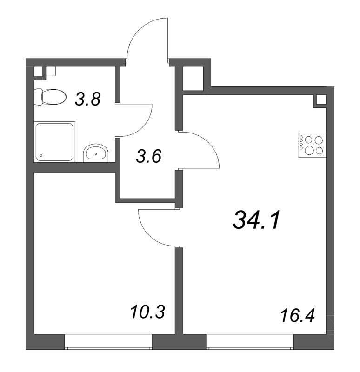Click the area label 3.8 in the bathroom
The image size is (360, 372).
pyautogui.click(x=87, y=99)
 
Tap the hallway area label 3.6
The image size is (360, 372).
pyautogui.click(x=148, y=156)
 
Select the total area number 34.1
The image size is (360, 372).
pyautogui.click(x=257, y=220)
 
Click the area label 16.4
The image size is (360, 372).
pyautogui.click(x=297, y=316)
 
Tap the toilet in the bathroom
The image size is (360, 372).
pyautogui.click(x=50, y=97)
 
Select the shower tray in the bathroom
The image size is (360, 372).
pyautogui.click(x=54, y=142)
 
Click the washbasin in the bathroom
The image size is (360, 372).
pyautogui.click(x=96, y=153)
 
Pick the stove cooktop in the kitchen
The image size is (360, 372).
pyautogui.click(x=312, y=145)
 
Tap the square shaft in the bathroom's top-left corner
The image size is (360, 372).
pyautogui.click(x=39, y=72)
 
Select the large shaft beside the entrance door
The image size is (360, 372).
pyautogui.click(x=193, y=79)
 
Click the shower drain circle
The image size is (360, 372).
pyautogui.click(x=41, y=156)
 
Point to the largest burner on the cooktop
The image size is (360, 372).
pyautogui.click(x=309, y=150)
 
